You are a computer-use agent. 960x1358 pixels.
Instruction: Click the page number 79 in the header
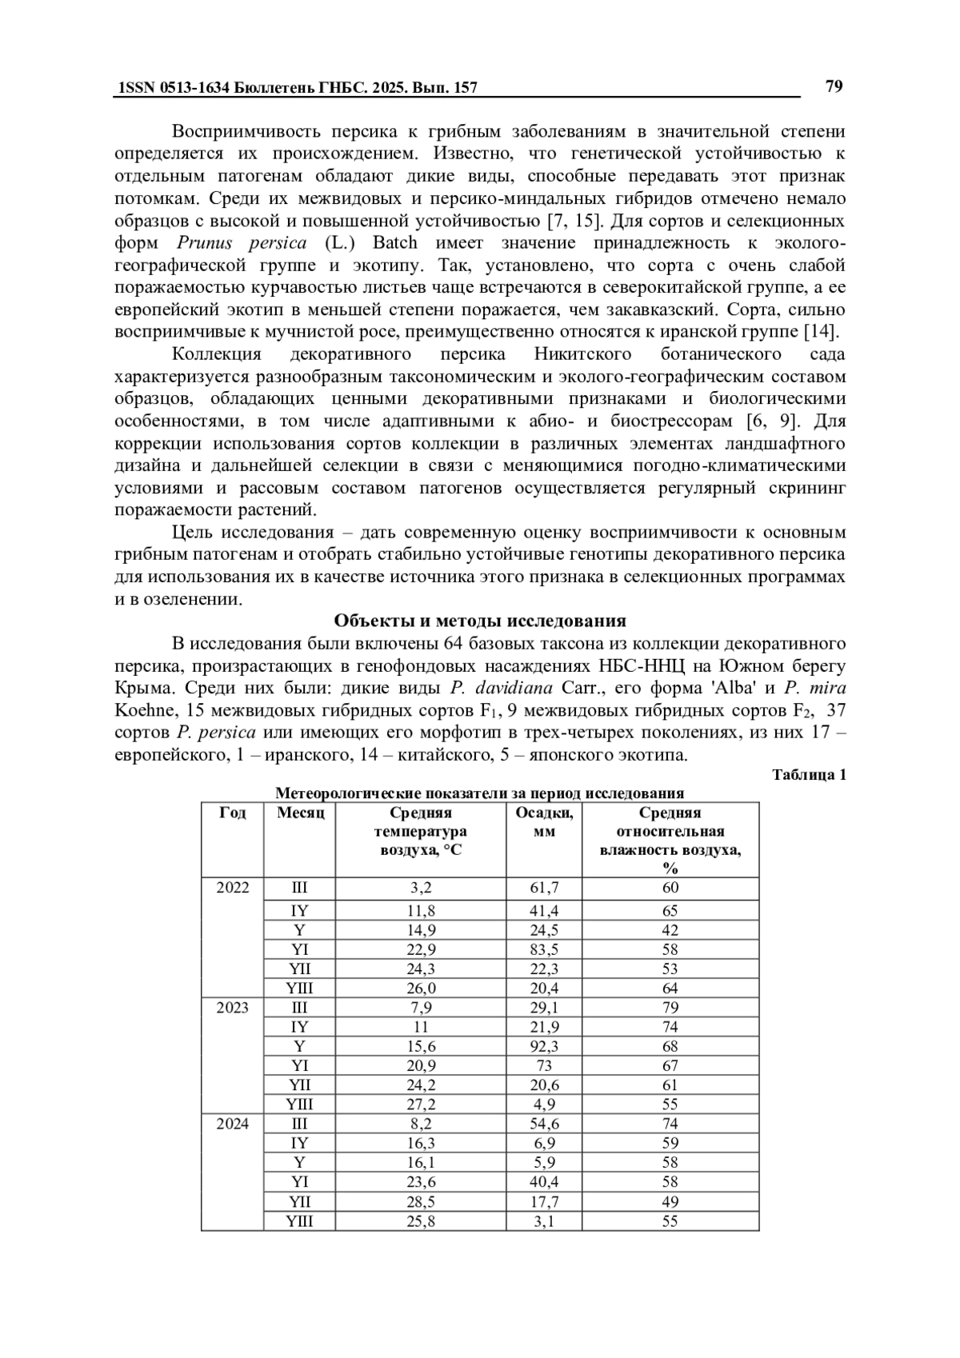click(834, 86)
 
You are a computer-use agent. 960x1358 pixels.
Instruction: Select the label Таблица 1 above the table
click(808, 774)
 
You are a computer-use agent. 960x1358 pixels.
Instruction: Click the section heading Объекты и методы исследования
click(479, 621)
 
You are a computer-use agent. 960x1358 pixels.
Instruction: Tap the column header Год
click(232, 813)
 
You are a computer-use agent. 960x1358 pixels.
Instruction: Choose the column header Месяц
click(300, 813)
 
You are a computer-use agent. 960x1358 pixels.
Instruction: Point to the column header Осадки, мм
click(545, 822)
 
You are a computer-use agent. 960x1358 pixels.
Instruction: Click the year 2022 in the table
click(232, 888)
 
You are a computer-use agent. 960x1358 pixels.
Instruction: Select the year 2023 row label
click(232, 1008)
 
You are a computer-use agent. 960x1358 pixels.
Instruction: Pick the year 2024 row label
click(232, 1124)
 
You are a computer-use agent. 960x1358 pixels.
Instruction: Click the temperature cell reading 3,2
click(421, 888)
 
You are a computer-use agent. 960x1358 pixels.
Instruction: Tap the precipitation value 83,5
click(545, 950)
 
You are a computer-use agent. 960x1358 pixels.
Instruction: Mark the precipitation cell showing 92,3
click(545, 1046)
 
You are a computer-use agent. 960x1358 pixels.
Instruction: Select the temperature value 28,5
click(421, 1201)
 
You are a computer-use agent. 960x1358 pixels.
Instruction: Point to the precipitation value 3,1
click(545, 1221)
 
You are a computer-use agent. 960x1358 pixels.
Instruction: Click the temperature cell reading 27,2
click(421, 1104)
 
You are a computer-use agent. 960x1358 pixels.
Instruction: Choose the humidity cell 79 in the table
click(670, 1008)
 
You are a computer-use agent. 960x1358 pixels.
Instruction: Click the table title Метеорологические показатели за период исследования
click(479, 793)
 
